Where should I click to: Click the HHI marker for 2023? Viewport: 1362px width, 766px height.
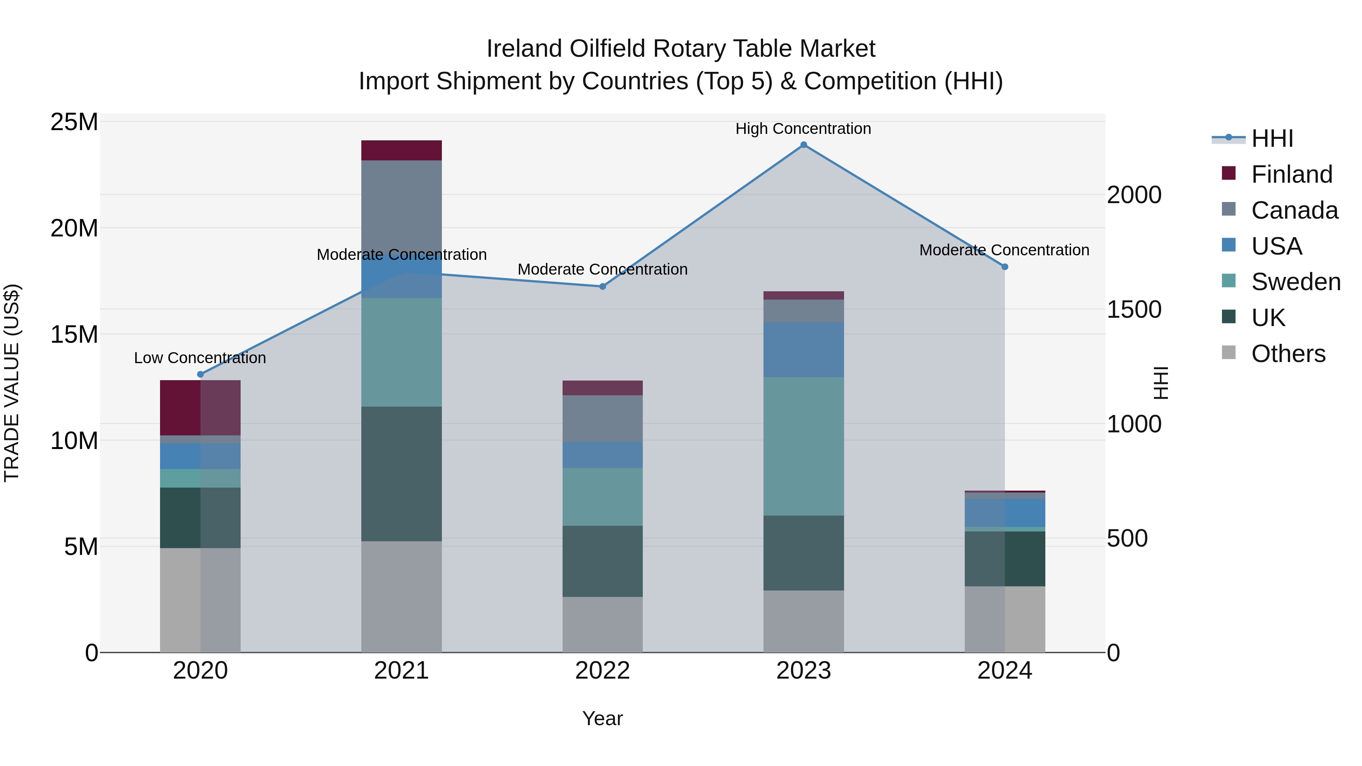(803, 145)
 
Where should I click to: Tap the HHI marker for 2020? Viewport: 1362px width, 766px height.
(201, 374)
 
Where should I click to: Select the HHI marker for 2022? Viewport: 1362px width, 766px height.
(602, 286)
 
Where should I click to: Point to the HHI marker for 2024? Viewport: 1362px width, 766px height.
(1004, 267)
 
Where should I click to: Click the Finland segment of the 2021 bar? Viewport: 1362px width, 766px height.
(401, 150)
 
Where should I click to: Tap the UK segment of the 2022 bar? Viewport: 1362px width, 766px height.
(602, 561)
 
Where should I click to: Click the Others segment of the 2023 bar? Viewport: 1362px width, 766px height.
(803, 621)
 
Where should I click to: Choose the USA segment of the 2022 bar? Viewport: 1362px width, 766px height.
(602, 455)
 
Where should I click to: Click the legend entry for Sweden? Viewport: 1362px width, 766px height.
(1295, 282)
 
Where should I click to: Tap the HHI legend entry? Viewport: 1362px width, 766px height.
(1272, 138)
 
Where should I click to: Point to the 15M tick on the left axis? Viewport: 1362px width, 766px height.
(74, 335)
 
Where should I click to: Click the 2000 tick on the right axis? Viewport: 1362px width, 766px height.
(1134, 195)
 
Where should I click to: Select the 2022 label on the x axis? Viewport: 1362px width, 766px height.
(602, 671)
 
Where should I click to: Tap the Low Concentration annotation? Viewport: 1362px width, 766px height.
(200, 358)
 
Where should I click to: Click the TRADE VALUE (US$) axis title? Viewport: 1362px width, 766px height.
(12, 383)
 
